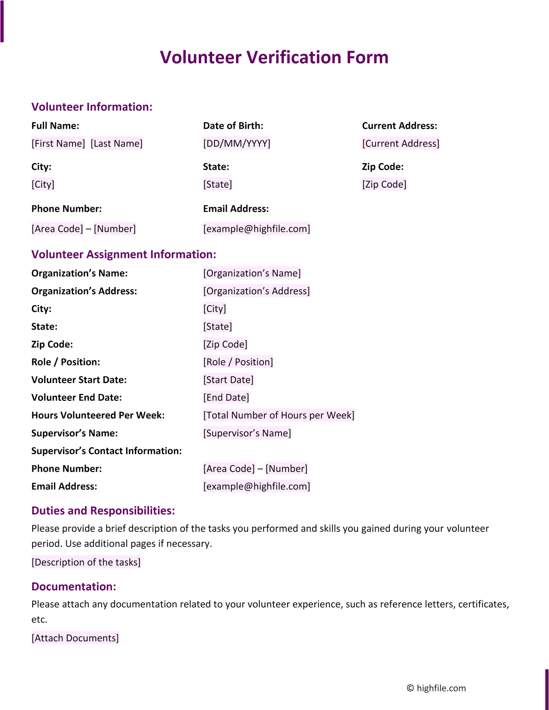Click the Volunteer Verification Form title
274,57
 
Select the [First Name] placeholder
58,143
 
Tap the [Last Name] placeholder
116,143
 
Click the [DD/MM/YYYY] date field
236,143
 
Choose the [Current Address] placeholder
400,143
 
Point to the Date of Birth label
233,126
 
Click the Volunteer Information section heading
92,107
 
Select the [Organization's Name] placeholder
252,273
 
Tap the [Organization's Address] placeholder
256,291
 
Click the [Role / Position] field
238,362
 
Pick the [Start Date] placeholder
228,380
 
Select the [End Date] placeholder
226,398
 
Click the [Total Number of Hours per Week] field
279,416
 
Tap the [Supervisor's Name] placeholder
247,433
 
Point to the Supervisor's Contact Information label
107,451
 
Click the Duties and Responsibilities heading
103,511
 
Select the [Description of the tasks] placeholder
86,562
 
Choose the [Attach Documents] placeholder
75,638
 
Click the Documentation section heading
74,587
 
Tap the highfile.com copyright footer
436,688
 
